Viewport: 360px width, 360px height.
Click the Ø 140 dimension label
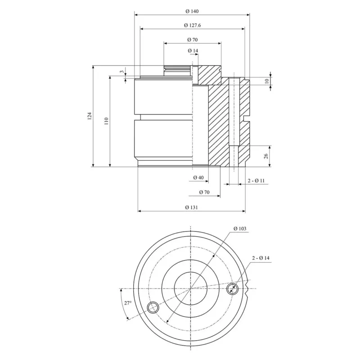point(192,11)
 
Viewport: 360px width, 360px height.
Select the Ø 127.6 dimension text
point(193,25)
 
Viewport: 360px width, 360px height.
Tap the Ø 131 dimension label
point(192,207)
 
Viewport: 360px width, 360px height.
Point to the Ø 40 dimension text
point(198,177)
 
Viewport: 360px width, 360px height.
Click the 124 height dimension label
point(90,116)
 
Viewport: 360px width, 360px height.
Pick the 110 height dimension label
point(106,121)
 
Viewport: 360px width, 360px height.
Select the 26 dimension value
point(266,156)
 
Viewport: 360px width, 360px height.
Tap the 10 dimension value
point(266,81)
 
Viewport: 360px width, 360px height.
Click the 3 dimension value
point(122,72)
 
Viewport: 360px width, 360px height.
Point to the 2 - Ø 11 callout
point(256,181)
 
